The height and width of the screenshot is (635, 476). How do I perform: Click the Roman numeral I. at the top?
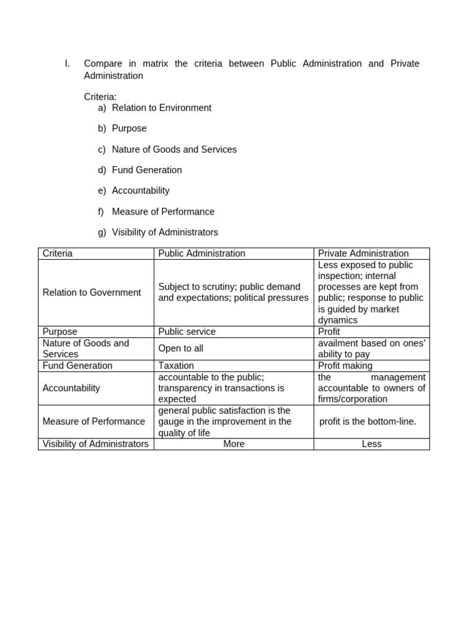pyautogui.click(x=68, y=64)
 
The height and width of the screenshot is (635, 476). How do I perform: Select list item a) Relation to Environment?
pyautogui.click(x=161, y=108)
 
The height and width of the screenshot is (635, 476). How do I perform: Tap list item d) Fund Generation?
pyautogui.click(x=147, y=170)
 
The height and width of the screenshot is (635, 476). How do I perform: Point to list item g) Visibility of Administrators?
pyautogui.click(x=165, y=233)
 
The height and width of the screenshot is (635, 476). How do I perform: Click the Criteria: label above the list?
pyautogui.click(x=100, y=97)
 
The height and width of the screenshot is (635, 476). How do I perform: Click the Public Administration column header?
pyautogui.click(x=201, y=254)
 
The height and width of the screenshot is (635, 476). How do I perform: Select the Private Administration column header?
pyautogui.click(x=363, y=254)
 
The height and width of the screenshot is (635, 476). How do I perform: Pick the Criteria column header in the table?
pyautogui.click(x=58, y=254)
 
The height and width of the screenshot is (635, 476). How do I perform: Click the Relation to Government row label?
pyautogui.click(x=92, y=293)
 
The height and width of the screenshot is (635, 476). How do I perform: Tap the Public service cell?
pyautogui.click(x=187, y=332)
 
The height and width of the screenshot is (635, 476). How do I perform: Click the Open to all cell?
pyautogui.click(x=180, y=349)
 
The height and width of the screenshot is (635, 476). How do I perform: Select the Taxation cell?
pyautogui.click(x=176, y=366)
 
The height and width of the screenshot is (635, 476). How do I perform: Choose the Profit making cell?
pyautogui.click(x=345, y=366)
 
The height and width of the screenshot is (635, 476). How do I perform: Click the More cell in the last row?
pyautogui.click(x=234, y=444)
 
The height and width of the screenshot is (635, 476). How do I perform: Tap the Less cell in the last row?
pyautogui.click(x=371, y=444)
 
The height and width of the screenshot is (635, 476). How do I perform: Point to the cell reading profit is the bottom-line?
pyautogui.click(x=368, y=422)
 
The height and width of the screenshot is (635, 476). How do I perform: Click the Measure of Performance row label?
pyautogui.click(x=94, y=422)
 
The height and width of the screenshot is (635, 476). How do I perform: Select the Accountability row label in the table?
pyautogui.click(x=71, y=388)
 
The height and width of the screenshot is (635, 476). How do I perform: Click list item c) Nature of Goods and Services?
pyautogui.click(x=174, y=149)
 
